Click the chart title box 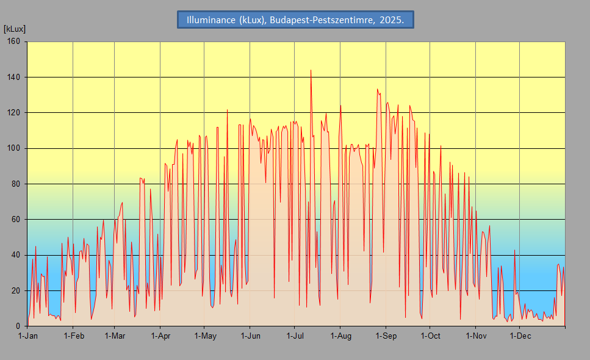tap(295, 20)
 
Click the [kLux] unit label tap(14, 29)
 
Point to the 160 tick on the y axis tap(13, 41)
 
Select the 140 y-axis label tap(13, 77)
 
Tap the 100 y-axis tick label tap(13, 148)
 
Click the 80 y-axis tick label tap(15, 184)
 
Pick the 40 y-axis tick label tap(15, 255)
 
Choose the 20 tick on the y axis tap(15, 291)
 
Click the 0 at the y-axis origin tap(18, 326)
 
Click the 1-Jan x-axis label tap(28, 336)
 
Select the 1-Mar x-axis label tap(115, 336)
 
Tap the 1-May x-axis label tap(205, 336)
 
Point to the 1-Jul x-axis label tap(295, 336)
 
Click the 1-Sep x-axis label tap(386, 336)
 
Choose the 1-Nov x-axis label tap(476, 336)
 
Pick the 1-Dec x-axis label tap(520, 336)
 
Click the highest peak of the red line tap(311, 70)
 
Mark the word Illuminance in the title tap(211, 20)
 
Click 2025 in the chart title tap(392, 20)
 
